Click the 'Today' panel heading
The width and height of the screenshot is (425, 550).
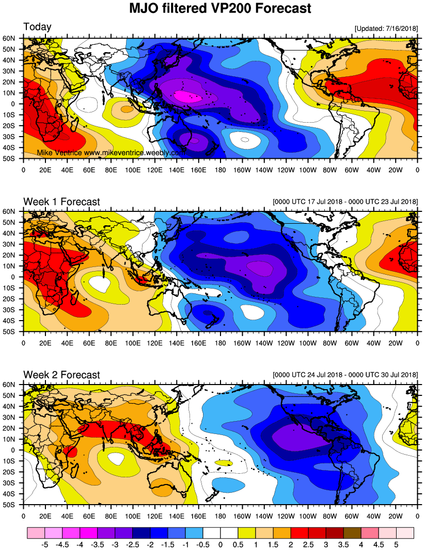tap(37, 27)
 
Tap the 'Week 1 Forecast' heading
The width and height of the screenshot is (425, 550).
tap(61, 202)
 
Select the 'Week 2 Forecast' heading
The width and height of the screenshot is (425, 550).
tap(61, 375)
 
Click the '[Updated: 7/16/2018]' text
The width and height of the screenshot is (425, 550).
tap(386, 28)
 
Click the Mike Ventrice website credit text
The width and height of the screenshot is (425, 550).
tap(111, 153)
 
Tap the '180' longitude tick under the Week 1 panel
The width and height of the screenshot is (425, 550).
tap(221, 342)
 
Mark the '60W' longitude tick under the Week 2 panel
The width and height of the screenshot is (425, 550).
tap(352, 515)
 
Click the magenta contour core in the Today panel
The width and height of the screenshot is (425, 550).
tap(184, 96)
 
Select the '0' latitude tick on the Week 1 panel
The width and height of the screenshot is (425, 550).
tap(18, 277)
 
